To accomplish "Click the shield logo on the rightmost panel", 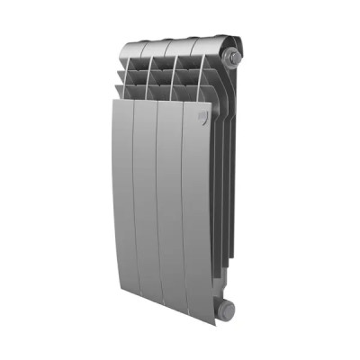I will click(202, 116).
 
